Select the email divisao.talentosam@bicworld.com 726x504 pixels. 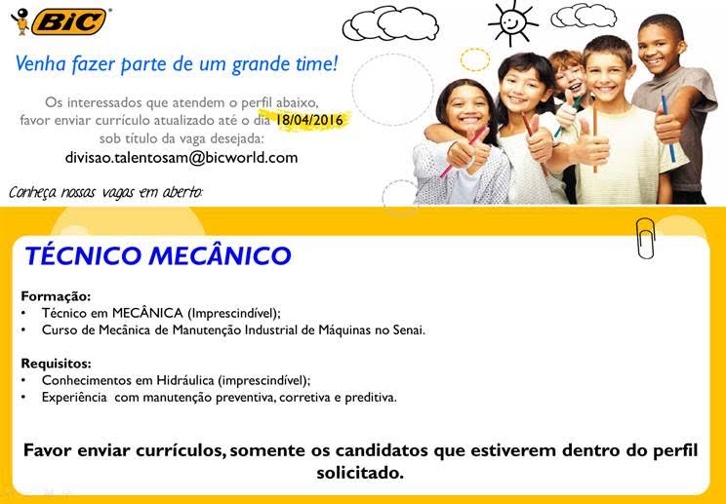point(181,157)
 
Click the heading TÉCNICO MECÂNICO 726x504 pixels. point(158,256)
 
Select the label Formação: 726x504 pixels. point(56,295)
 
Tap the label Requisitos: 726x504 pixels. point(56,364)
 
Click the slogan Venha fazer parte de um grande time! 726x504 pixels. point(177,65)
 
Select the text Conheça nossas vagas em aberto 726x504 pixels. point(106,191)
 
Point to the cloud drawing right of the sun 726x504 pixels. point(584,16)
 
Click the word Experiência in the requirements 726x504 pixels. point(73,398)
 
